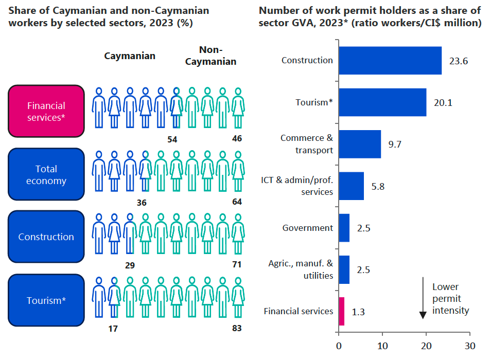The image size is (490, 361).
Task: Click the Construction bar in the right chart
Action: click(390, 61)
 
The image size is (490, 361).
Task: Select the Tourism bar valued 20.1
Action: click(382, 102)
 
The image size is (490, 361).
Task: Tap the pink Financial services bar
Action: click(341, 311)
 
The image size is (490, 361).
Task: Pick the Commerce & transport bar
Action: click(359, 144)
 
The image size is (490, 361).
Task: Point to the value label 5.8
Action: click(378, 186)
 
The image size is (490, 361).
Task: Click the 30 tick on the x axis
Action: click(469, 346)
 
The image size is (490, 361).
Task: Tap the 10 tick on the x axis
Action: click(382, 346)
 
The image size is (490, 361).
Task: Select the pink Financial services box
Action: click(46, 112)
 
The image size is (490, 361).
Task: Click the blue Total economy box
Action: click(46, 175)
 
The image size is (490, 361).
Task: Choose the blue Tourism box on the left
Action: click(46, 300)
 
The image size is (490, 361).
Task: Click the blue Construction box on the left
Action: click(46, 237)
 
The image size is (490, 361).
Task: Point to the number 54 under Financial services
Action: click(173, 139)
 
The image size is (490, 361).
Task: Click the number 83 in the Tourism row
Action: click(237, 328)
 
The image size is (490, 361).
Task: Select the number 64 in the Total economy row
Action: click(237, 202)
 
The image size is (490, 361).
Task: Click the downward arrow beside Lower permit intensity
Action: click(423, 298)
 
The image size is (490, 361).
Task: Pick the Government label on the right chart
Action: click(307, 228)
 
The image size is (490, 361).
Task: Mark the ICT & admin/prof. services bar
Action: click(351, 186)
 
